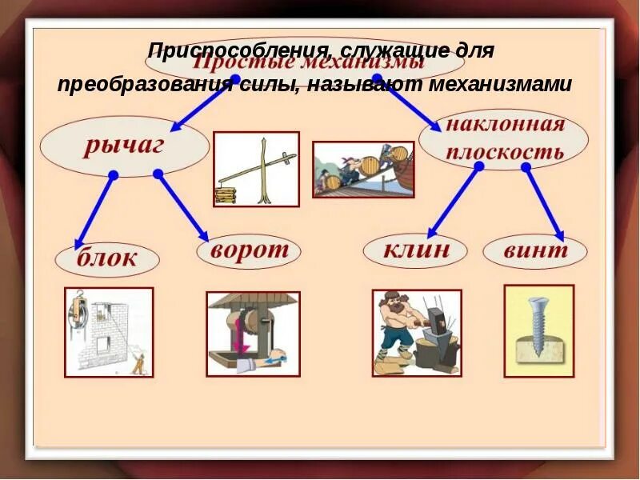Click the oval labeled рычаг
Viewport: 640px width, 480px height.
tap(124, 146)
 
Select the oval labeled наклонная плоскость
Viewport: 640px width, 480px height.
tap(504, 138)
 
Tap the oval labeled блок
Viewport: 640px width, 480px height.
tap(107, 258)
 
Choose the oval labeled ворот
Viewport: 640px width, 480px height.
tap(249, 250)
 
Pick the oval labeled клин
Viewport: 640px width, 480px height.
tap(415, 250)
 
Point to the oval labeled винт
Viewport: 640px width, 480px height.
tap(535, 250)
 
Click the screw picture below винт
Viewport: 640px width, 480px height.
tap(538, 330)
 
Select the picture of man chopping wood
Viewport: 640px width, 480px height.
tap(416, 332)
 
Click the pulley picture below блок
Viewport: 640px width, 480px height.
tap(109, 331)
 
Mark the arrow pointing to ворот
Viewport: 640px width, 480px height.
tap(183, 206)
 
